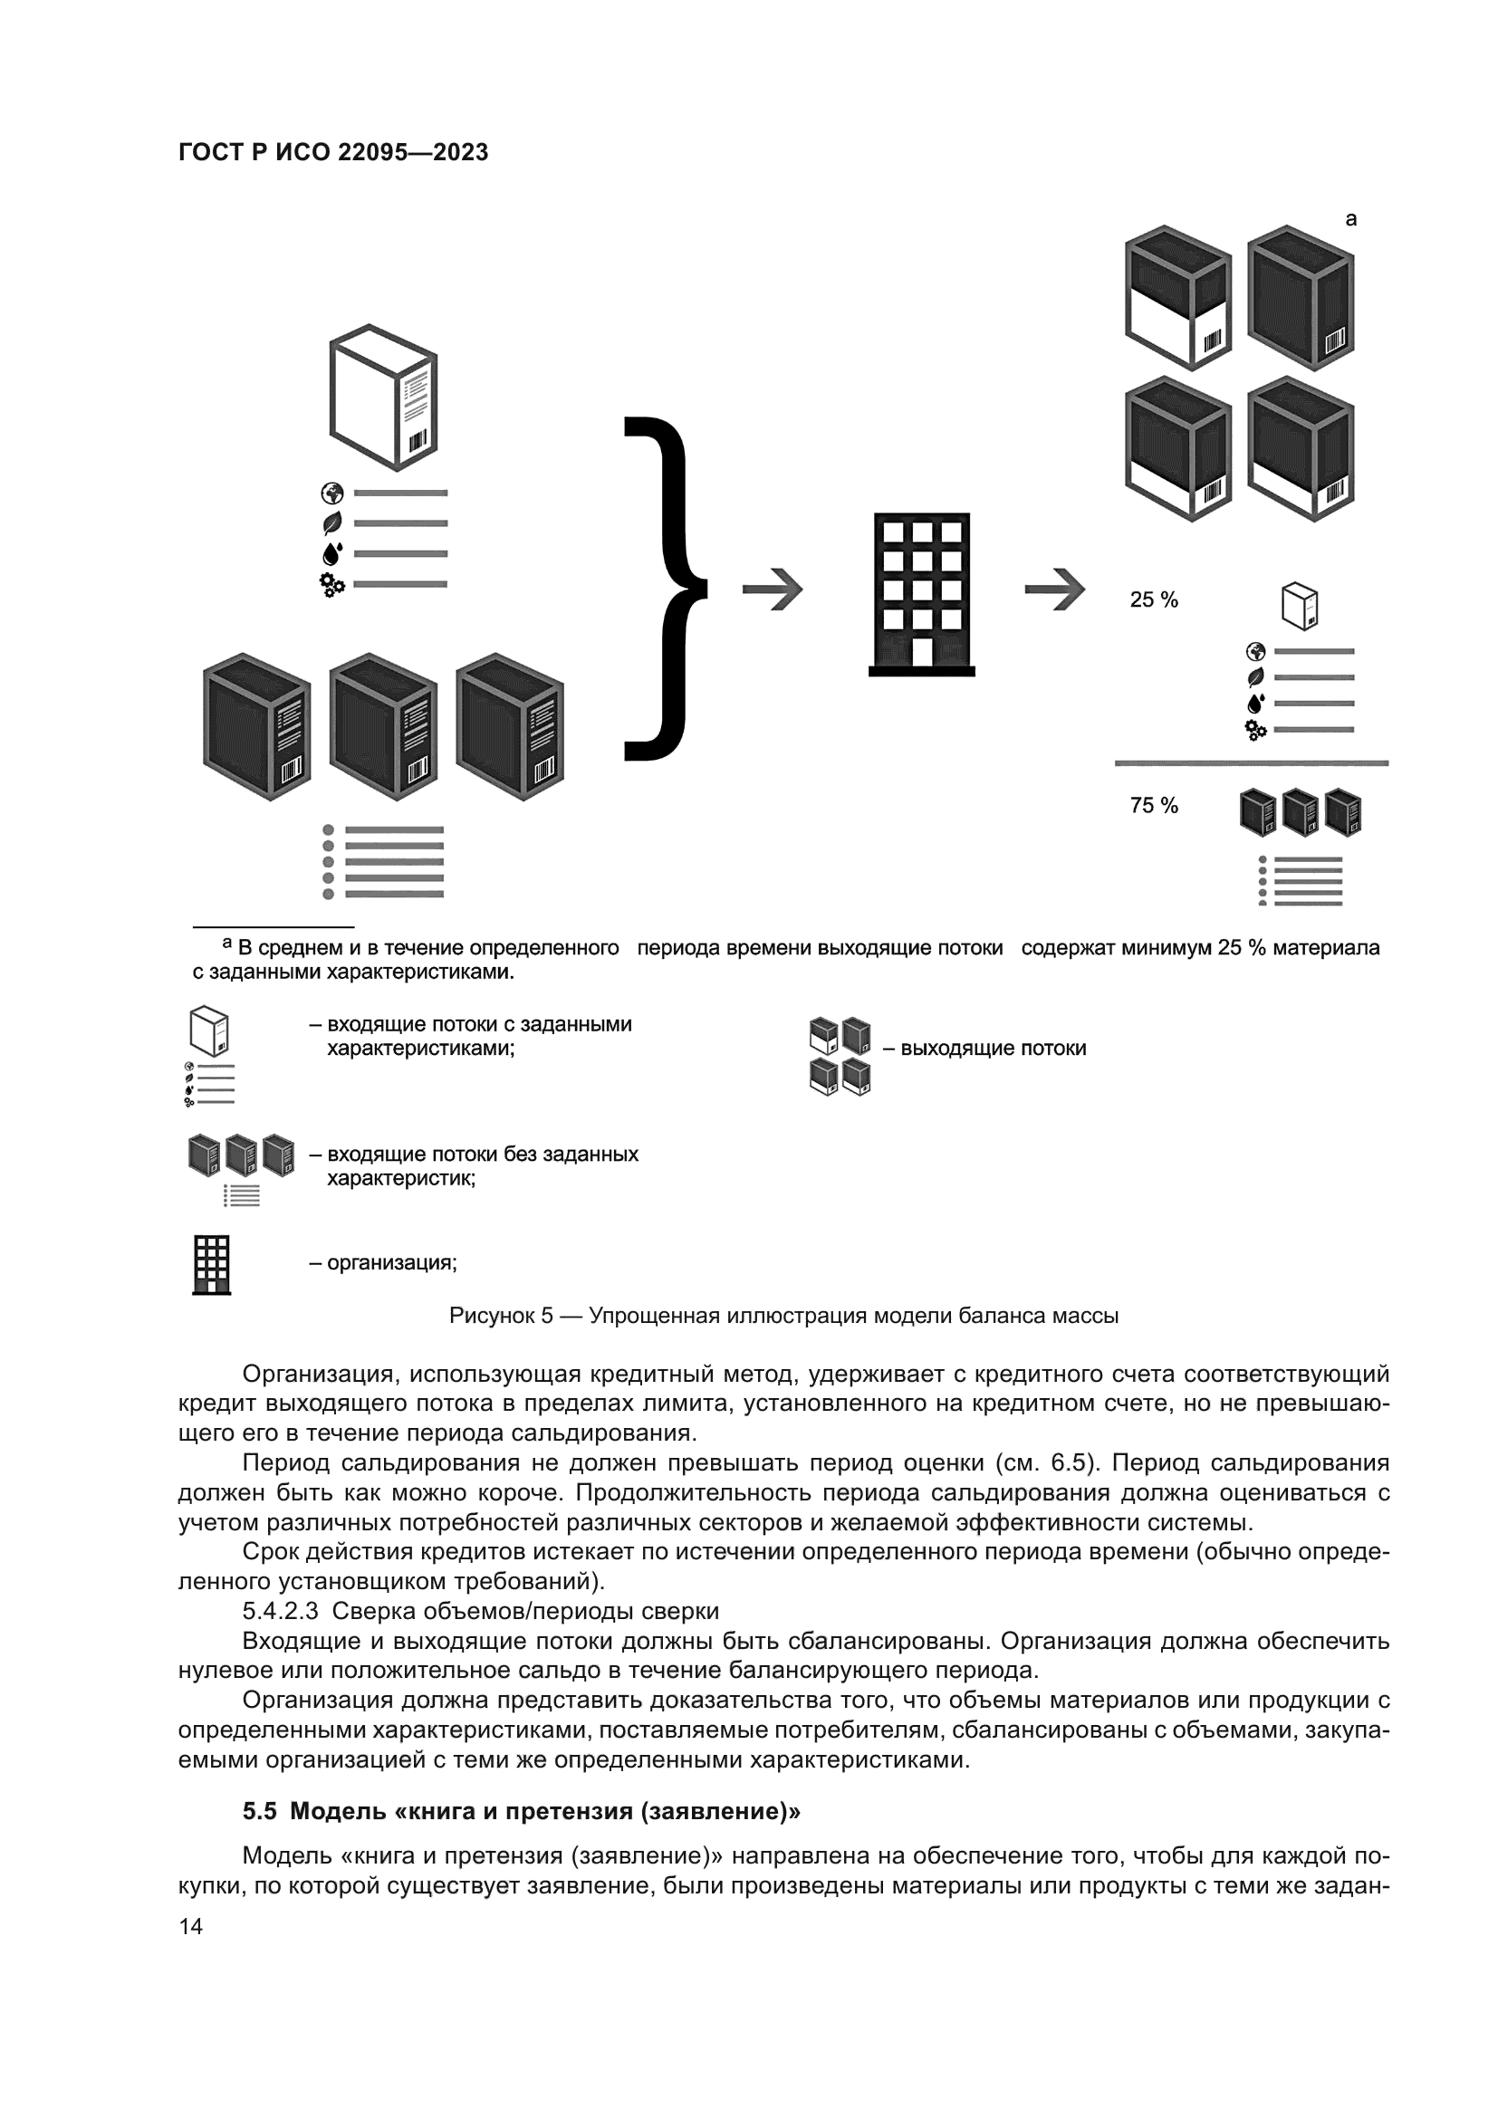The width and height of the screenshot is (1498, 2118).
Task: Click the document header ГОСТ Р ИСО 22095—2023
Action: coord(333,152)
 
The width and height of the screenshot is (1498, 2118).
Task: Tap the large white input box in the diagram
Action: coord(383,398)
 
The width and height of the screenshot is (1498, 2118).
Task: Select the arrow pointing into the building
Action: coord(772,589)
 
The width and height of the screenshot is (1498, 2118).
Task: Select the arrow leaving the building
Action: coord(1054,589)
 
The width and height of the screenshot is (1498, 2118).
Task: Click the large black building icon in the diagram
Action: coord(921,593)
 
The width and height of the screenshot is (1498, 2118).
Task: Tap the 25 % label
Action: coord(1154,599)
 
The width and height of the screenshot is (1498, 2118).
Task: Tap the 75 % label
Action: coord(1154,805)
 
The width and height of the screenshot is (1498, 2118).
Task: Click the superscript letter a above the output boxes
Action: coord(1351,219)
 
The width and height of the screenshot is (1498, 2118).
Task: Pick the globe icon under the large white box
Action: coord(332,493)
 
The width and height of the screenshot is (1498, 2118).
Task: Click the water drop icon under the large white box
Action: coord(332,553)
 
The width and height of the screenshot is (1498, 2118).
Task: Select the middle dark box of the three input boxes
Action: coord(383,726)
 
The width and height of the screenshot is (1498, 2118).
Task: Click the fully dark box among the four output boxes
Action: coord(1301,297)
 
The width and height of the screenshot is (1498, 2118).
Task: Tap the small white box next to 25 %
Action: coord(1300,606)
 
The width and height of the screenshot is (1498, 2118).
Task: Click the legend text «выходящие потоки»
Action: coord(994,1049)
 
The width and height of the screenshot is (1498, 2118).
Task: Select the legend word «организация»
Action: coord(391,1263)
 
